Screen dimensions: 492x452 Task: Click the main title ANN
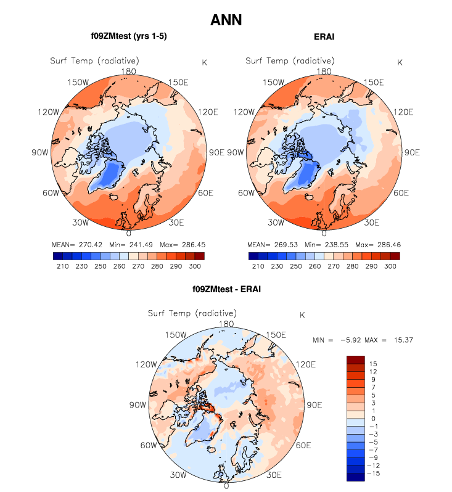[226, 20]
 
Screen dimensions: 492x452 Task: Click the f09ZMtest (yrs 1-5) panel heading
[128, 36]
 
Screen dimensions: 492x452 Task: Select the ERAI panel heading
[324, 37]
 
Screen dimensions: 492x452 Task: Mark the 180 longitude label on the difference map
[226, 324]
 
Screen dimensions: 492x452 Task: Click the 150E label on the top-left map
[178, 83]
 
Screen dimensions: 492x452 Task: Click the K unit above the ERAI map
[400, 62]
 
